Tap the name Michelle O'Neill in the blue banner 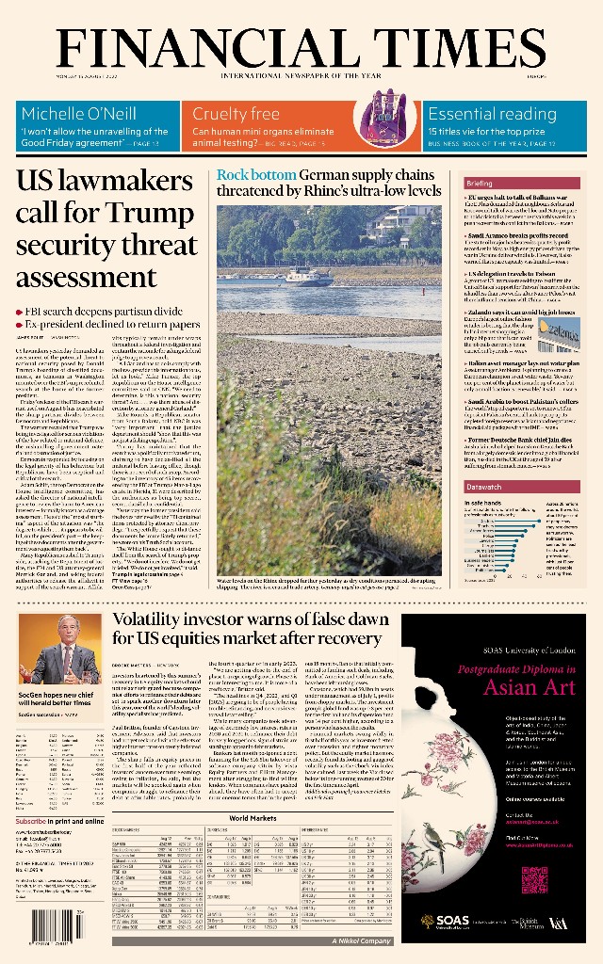tap(78, 114)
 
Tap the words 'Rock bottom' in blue tap(255, 175)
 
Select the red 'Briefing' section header tap(480, 183)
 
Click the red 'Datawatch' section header tap(484, 487)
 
